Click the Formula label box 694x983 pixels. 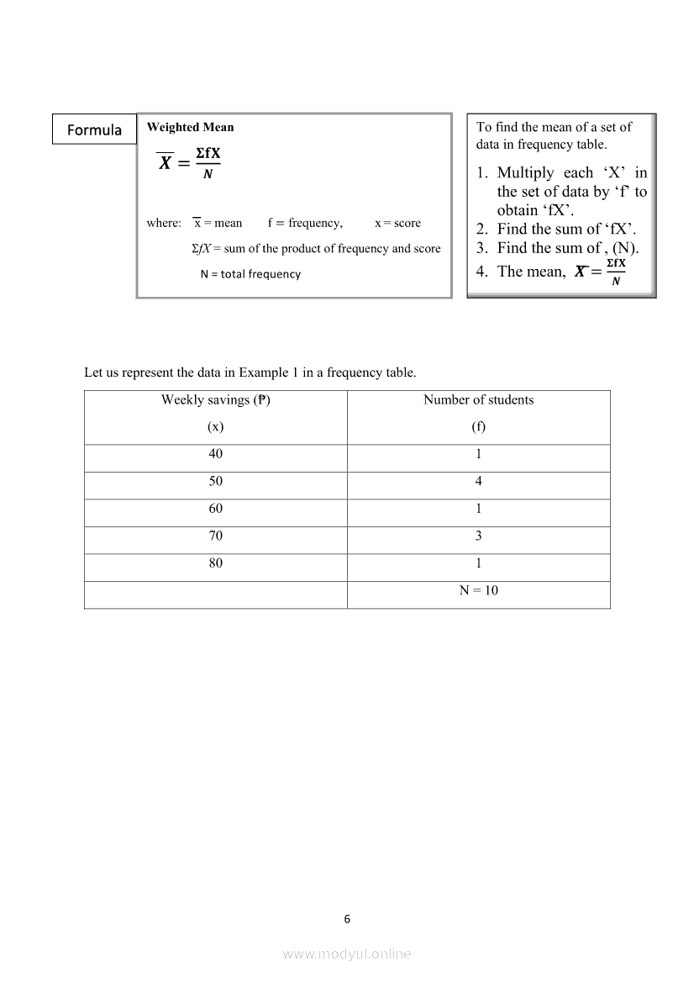(x=94, y=129)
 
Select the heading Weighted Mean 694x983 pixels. (x=190, y=127)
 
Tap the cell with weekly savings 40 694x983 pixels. (x=216, y=454)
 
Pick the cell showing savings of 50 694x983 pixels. (x=216, y=482)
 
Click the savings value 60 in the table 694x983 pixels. (x=216, y=509)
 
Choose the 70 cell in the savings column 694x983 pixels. (x=216, y=536)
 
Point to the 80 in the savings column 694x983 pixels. (x=216, y=563)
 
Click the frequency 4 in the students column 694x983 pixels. (x=478, y=482)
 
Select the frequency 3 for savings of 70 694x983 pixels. (x=478, y=536)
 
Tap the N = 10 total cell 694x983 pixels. (x=478, y=590)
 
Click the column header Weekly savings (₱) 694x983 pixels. (x=216, y=400)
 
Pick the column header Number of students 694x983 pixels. (x=478, y=400)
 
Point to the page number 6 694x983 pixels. (x=347, y=919)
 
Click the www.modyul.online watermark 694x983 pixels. (x=347, y=954)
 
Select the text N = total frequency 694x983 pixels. (x=250, y=274)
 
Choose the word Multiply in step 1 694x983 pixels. (x=526, y=172)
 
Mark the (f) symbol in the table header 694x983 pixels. (x=478, y=426)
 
